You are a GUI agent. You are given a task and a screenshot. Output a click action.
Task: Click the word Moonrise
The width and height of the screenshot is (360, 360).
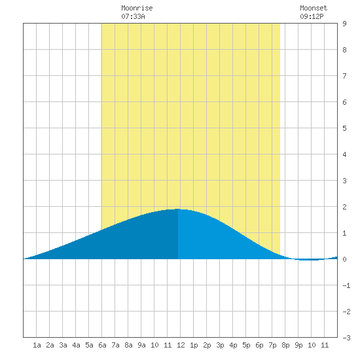137,8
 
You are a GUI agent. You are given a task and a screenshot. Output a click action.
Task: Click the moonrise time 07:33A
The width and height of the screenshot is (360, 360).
133,16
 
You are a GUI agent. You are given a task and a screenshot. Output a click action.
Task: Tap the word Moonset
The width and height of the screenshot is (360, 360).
314,8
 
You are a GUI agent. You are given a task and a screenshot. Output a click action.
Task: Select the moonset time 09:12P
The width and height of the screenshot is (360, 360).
312,16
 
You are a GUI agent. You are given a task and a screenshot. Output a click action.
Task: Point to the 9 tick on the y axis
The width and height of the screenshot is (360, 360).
344,24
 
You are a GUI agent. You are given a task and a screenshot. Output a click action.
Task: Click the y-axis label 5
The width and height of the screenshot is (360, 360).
344,128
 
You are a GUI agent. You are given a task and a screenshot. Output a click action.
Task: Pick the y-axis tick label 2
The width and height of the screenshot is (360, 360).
344,207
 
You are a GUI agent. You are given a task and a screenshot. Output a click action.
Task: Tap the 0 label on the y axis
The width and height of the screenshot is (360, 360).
344,259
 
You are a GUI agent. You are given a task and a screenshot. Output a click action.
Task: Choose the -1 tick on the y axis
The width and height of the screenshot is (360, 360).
346,285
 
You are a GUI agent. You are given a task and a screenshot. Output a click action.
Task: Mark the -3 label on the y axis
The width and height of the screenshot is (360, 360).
346,338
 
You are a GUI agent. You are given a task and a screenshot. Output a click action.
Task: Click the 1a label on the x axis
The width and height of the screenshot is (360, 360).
37,345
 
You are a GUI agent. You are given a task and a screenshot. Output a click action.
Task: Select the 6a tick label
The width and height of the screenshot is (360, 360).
102,345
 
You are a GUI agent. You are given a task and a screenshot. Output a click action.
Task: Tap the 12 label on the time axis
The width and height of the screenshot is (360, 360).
181,345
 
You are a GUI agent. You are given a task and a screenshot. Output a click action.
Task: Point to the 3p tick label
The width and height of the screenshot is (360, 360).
220,345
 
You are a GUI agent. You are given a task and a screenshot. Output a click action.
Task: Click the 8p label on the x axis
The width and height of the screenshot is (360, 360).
285,345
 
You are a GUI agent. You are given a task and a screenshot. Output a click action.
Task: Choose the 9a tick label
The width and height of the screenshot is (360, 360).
141,345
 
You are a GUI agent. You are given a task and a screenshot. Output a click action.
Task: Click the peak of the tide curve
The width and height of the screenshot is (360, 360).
178,209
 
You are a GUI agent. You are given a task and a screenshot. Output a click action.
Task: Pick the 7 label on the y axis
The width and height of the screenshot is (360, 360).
344,76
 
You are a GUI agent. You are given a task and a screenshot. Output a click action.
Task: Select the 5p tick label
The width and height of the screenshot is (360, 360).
246,345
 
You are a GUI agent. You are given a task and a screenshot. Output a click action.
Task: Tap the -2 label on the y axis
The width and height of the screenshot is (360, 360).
346,312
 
